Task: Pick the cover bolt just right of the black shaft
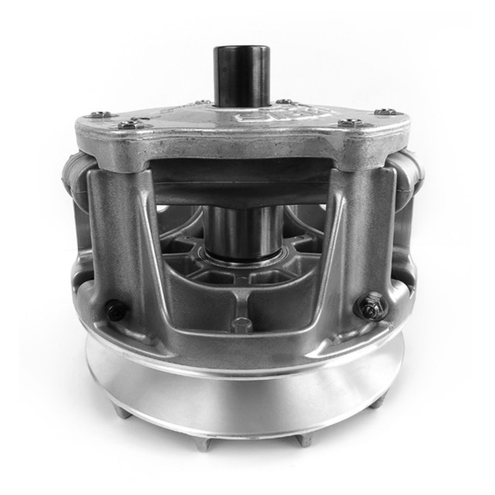click(283, 102)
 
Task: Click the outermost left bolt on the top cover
click(100, 115)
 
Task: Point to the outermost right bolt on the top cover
click(385, 112)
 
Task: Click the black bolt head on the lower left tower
click(116, 310)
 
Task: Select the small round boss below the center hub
click(242, 324)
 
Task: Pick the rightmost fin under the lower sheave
click(378, 402)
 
